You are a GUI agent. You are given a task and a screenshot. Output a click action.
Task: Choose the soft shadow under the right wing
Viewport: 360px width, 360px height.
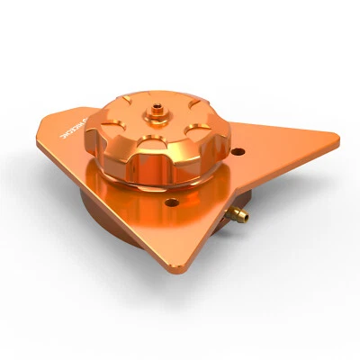[288, 207]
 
